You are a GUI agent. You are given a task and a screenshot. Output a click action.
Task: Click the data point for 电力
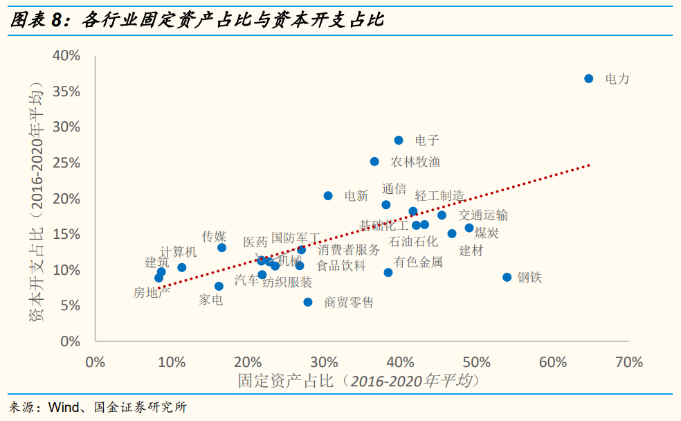[x=589, y=79]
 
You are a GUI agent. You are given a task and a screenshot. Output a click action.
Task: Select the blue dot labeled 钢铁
[x=507, y=278]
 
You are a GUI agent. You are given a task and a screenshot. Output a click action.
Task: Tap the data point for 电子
[x=399, y=141]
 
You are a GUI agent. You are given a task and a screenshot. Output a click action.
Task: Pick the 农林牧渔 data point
[x=374, y=162]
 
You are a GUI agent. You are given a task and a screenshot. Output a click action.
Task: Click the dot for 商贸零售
[x=308, y=303]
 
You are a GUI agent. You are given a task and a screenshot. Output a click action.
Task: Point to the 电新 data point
[x=328, y=196]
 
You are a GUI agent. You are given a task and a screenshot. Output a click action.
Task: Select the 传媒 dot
[x=222, y=248]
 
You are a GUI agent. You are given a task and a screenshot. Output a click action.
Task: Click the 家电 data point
[x=219, y=287]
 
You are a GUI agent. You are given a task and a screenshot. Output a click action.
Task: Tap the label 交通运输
[x=483, y=215]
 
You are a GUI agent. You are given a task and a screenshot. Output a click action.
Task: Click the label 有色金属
[x=418, y=262]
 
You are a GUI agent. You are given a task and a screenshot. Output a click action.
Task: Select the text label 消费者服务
[x=349, y=250]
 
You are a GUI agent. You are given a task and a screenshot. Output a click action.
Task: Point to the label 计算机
[x=179, y=252]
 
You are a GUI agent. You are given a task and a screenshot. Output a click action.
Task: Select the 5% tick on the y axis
[x=70, y=305]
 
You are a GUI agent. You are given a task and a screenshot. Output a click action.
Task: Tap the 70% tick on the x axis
[x=628, y=362]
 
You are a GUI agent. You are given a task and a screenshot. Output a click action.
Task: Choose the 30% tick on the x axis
[x=324, y=362]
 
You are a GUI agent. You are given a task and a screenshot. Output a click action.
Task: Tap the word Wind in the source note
[x=64, y=407]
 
